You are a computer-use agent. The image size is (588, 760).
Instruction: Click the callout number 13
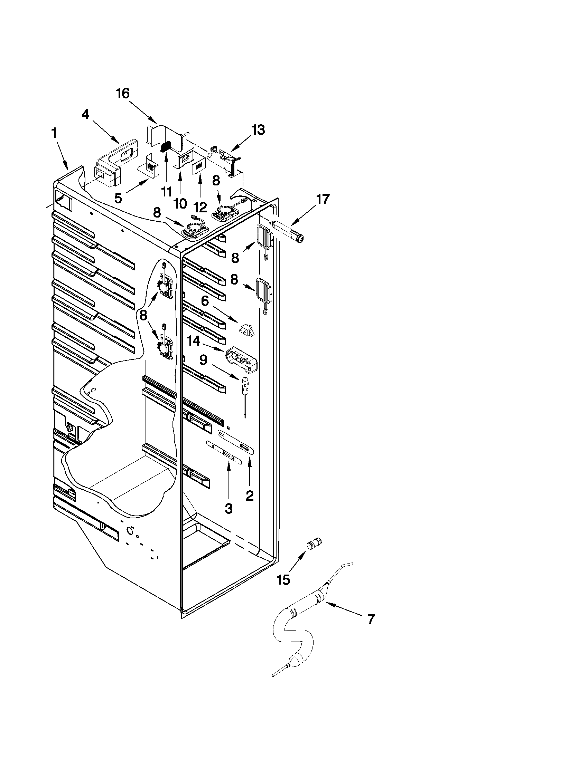259,130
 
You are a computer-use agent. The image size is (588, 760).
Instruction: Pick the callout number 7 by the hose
371,619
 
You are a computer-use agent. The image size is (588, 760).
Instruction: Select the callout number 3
228,509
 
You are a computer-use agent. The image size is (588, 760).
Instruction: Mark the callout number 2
250,496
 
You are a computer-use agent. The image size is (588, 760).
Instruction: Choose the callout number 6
205,301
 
